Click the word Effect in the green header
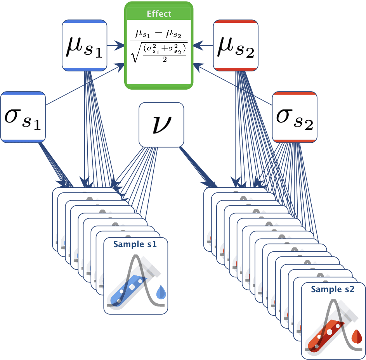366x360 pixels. (x=159, y=14)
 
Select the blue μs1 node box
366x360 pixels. (x=85, y=45)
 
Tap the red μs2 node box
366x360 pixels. (x=236, y=45)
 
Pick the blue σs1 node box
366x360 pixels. (x=23, y=117)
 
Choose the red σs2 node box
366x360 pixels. (x=295, y=117)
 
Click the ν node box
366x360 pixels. (x=161, y=125)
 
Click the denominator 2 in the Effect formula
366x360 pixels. (x=165, y=60)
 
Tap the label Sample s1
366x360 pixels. (x=135, y=244)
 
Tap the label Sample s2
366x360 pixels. (x=333, y=289)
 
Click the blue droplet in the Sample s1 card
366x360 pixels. (x=161, y=292)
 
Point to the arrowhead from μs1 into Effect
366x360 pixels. (x=120, y=45)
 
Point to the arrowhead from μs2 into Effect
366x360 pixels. (x=198, y=45)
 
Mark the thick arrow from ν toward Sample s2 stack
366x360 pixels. (x=198, y=167)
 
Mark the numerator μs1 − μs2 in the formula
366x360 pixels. (x=158, y=34)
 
